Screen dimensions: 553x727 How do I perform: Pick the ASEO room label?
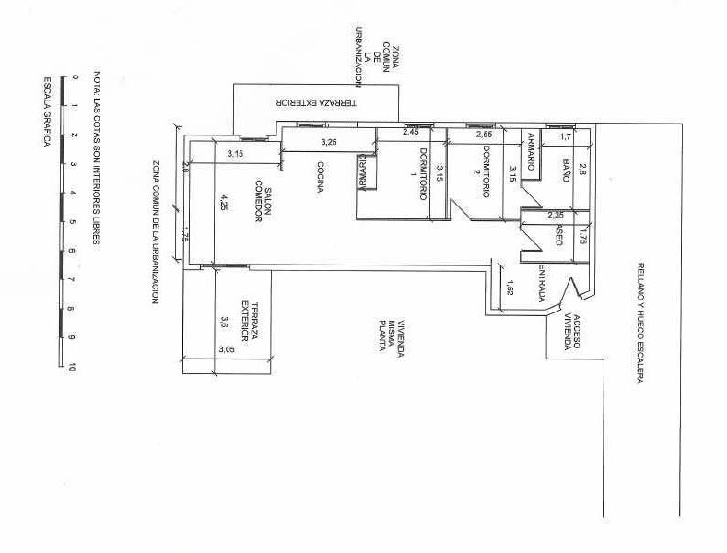[x=558, y=237]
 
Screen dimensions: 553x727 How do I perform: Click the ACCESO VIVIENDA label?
[x=572, y=333]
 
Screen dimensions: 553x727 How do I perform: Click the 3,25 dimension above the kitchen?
[x=329, y=143]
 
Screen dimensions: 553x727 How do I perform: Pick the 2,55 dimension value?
[x=484, y=135]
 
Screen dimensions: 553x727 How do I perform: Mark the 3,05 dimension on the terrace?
[x=226, y=349]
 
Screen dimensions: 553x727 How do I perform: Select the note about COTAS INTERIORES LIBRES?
[x=96, y=158]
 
